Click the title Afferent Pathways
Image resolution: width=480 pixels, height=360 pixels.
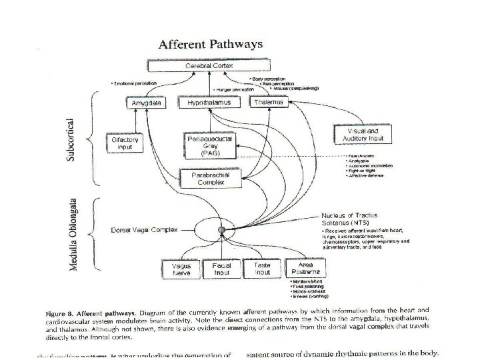(209, 45)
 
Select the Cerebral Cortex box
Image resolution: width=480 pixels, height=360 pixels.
(209, 67)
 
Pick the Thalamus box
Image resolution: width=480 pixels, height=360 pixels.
(267, 103)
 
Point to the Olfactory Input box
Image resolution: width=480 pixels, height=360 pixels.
(125, 143)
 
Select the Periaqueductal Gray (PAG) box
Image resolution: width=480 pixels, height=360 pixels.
(204, 145)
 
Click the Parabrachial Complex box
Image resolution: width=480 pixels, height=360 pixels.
(205, 178)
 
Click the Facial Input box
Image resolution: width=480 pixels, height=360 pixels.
(221, 269)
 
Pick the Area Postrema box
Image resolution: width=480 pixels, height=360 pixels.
(303, 269)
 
